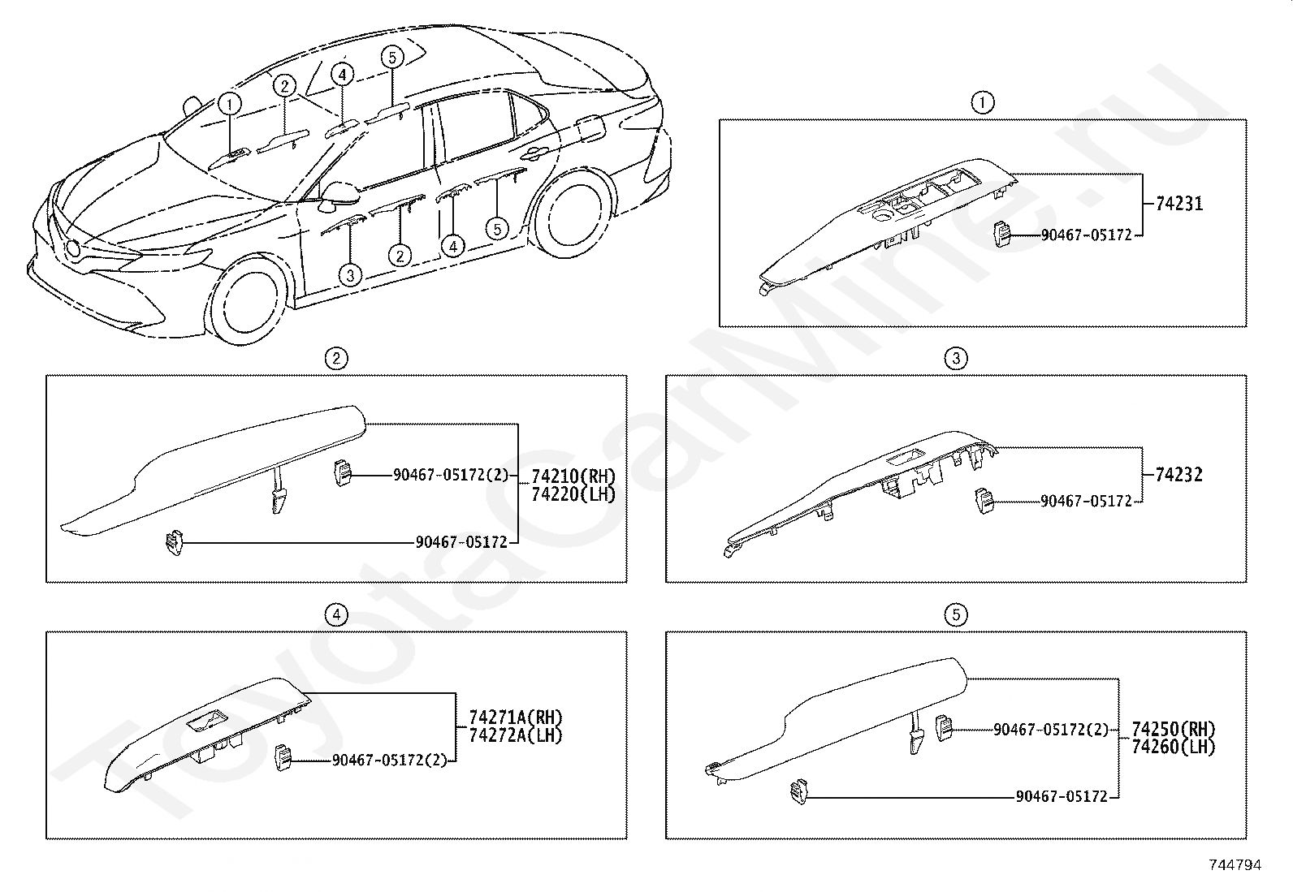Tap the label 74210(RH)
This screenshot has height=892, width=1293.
pos(573,476)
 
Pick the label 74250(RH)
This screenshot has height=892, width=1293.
pos(1174,729)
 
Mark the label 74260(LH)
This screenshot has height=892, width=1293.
pos(1174,746)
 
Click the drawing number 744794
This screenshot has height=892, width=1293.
pos(1235,865)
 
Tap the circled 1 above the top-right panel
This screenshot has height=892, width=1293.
pos(983,103)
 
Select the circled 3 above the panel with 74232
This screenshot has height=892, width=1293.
pos(956,358)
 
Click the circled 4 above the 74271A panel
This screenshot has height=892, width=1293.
pos(335,615)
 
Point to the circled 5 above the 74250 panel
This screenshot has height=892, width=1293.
pos(956,615)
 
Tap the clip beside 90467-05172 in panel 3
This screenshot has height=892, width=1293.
pos(984,502)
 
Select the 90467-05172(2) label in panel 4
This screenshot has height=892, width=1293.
pos(389,761)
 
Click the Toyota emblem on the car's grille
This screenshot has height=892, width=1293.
pos(73,249)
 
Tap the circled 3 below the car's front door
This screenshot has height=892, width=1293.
pos(350,275)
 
